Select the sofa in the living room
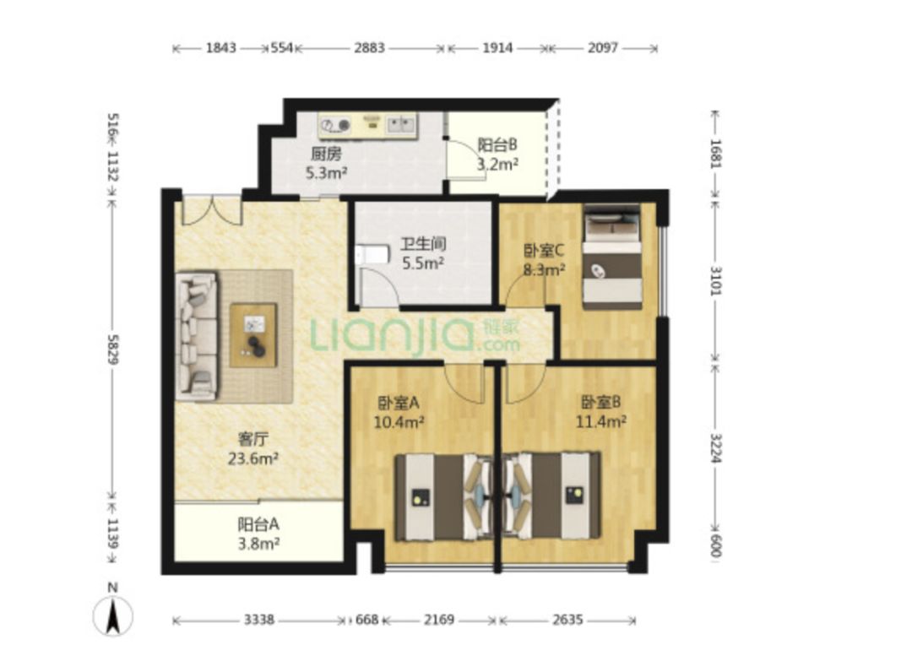(x=197, y=336)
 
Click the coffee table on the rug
(x=253, y=335)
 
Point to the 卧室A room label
(x=399, y=403)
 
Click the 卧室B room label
(x=601, y=402)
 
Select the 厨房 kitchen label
(x=326, y=154)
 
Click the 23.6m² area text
(x=252, y=458)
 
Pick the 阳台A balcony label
(x=258, y=524)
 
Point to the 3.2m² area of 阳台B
(x=498, y=164)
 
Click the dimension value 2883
(x=369, y=47)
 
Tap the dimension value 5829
(x=113, y=349)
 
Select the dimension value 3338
(x=259, y=620)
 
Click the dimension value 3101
(x=716, y=280)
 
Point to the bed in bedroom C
(x=612, y=257)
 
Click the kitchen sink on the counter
(x=401, y=124)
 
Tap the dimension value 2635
(x=567, y=620)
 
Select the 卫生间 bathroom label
(x=423, y=244)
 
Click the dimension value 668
(x=366, y=620)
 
